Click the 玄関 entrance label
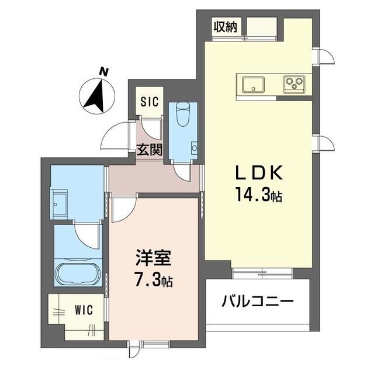(x=150, y=150)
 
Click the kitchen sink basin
(x=252, y=84)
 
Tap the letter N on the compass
(x=103, y=72)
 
